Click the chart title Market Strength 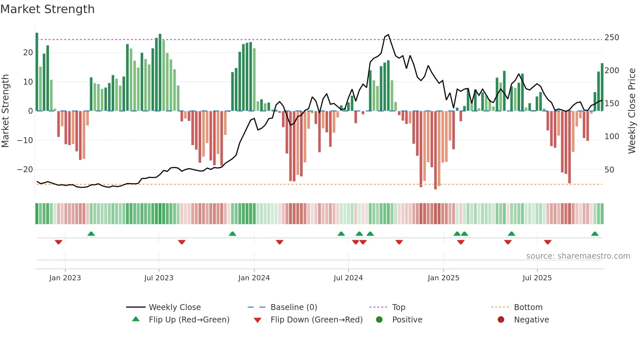coord(47,9)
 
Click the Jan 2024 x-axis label coord(254,278)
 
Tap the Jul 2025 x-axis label coord(537,278)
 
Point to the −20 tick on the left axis coord(25,170)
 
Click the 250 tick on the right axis coord(612,38)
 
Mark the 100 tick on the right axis coord(612,137)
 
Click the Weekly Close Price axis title coord(632,111)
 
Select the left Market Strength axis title coord(5,111)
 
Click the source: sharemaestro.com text coord(578,256)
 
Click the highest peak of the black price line coord(388,35)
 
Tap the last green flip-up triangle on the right coord(595,234)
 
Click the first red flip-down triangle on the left coord(58,242)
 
